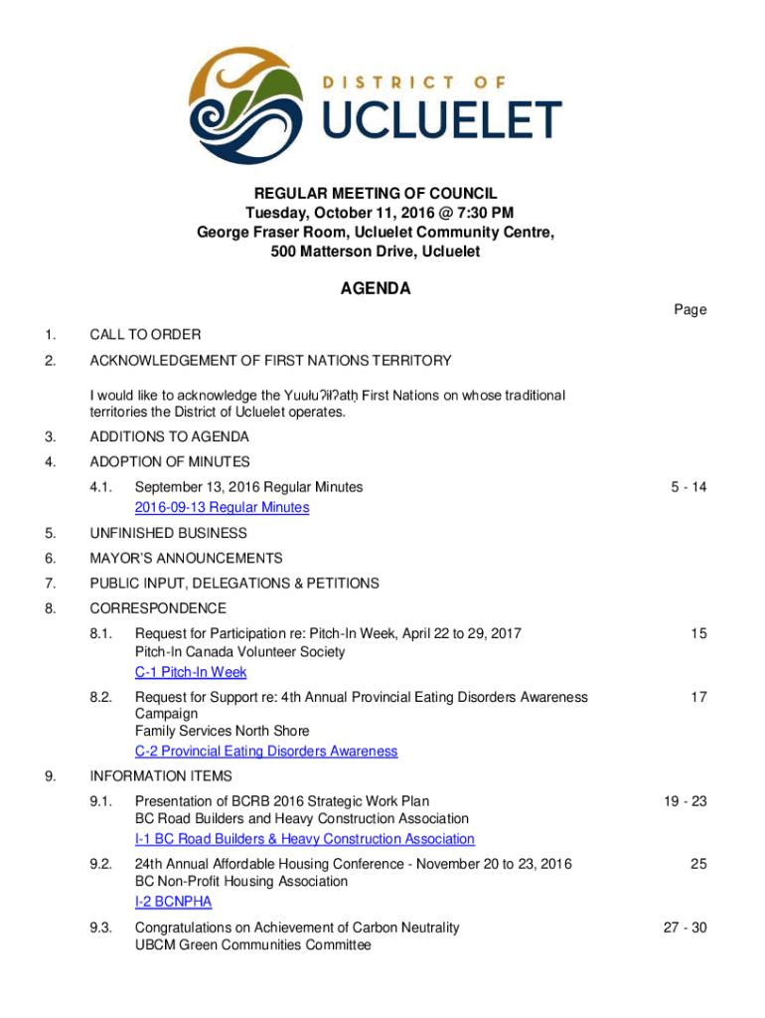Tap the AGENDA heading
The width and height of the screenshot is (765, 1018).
(376, 289)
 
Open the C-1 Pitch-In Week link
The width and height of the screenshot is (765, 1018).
(191, 672)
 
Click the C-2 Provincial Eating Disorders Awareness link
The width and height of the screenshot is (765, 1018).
(266, 752)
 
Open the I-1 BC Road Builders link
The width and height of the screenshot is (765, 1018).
(304, 839)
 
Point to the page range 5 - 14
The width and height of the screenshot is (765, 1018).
(688, 487)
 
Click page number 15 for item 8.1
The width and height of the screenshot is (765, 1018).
(698, 632)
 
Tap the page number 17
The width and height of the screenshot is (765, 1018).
(698, 697)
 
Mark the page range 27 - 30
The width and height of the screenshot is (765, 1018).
(685, 928)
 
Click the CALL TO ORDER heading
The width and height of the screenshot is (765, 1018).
(145, 334)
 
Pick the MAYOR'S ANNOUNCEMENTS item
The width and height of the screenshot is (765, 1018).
(186, 559)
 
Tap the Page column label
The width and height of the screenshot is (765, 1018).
(690, 309)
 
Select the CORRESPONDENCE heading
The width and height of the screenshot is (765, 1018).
(158, 608)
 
